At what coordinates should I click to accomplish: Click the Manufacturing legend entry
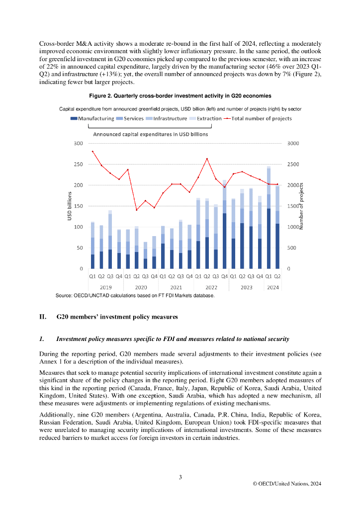(95, 119)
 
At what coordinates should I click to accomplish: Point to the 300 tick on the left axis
(78, 144)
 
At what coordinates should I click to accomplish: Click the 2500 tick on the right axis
(294, 165)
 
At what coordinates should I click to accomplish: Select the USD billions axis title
(70, 206)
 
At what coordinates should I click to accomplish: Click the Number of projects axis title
(301, 206)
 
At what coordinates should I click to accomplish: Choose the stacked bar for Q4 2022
(224, 224)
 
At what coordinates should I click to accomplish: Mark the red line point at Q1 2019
(92, 151)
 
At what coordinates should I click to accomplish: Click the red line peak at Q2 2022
(207, 159)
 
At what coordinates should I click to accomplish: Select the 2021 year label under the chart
(176, 287)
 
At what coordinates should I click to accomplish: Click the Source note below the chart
(135, 296)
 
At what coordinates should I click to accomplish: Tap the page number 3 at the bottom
(180, 477)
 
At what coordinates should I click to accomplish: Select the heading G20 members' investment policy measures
(117, 317)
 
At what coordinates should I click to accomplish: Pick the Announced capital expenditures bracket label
(151, 134)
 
